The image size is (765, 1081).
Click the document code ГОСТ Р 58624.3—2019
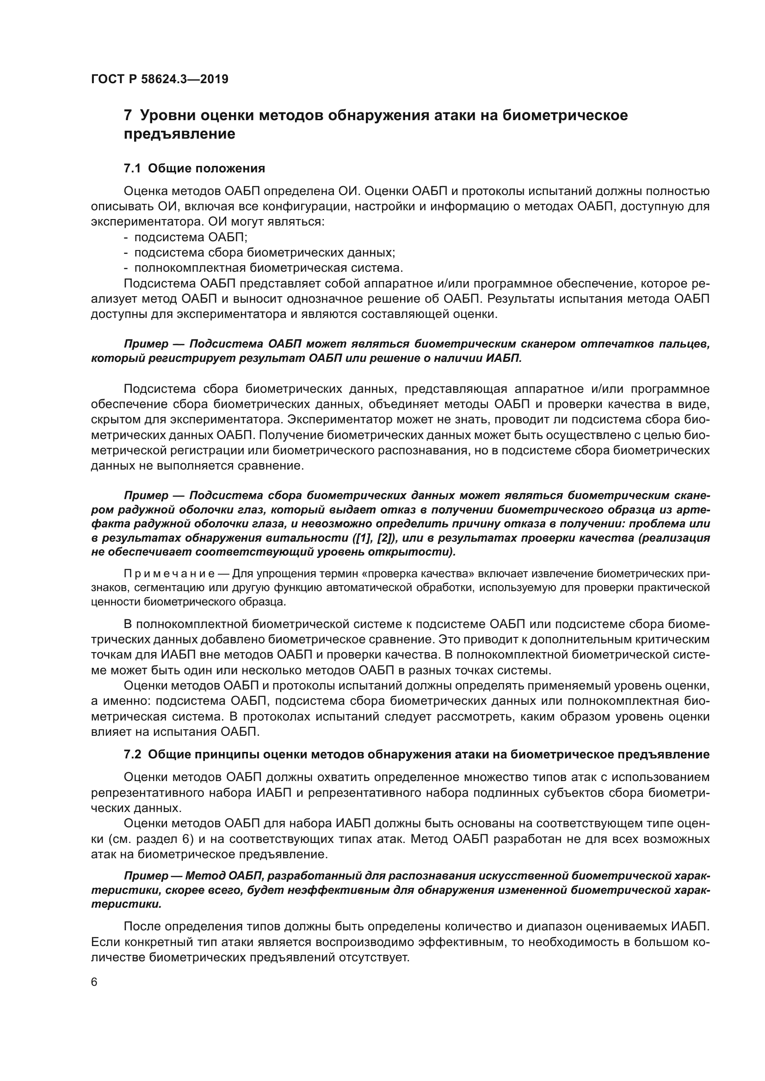159,79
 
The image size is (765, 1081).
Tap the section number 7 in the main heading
127,116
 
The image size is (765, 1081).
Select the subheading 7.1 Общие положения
194,168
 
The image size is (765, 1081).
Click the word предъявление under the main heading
179,134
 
